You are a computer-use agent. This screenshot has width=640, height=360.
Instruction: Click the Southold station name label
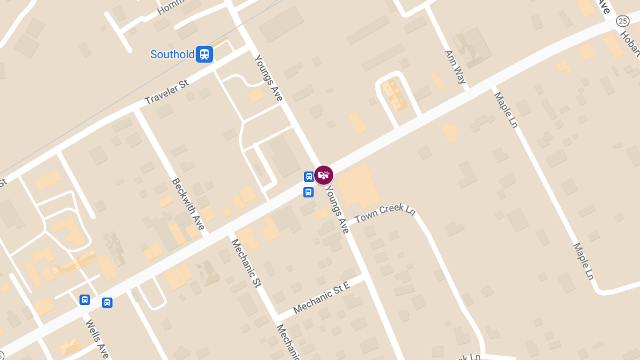172,54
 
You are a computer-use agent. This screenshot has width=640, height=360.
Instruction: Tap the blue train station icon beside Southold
204,54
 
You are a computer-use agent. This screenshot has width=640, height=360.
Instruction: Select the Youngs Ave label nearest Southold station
268,78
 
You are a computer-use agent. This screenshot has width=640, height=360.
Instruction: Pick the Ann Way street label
455,67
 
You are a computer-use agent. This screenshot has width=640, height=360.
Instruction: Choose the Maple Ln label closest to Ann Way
506,110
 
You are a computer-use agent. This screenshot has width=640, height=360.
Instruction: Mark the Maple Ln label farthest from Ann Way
583,261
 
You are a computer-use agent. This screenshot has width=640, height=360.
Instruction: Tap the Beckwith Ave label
188,204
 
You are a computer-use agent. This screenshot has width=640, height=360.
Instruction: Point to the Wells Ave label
97,338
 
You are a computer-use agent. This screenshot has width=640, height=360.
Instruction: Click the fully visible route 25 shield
622,21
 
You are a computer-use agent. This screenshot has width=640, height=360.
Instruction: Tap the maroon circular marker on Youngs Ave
324,175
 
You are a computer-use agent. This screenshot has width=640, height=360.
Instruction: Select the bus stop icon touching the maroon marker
309,177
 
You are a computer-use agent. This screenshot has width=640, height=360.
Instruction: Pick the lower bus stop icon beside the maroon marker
308,192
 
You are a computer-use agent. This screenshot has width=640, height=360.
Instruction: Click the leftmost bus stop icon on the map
84,300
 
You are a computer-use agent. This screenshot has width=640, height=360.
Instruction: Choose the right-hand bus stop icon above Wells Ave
107,302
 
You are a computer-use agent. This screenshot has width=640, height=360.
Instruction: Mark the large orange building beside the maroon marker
358,186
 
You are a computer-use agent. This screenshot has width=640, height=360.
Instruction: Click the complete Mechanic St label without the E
245,263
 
